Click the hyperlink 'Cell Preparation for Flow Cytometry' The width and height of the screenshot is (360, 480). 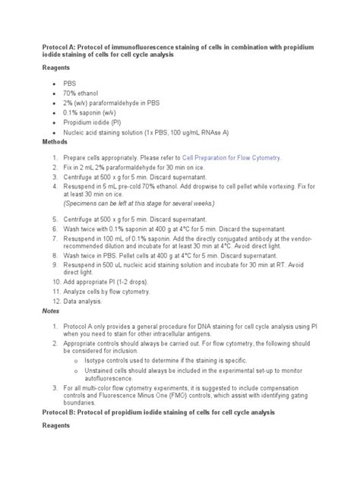[x=234, y=158]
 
